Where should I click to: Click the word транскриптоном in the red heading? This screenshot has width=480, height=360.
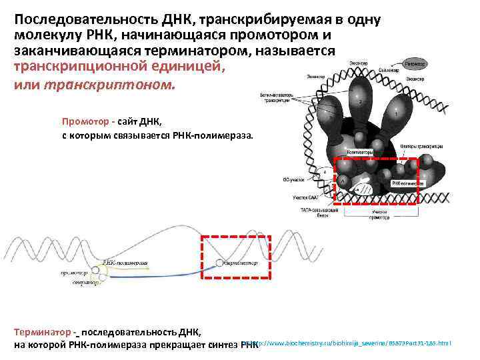coord(109,85)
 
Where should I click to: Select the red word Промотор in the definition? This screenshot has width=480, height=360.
coord(85,121)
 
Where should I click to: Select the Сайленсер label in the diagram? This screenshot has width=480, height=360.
coord(389,69)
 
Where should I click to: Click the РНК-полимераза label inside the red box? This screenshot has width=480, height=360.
coord(404,182)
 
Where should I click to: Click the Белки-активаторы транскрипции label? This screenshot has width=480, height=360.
coord(275,97)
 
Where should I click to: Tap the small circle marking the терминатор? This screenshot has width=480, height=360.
coord(219,263)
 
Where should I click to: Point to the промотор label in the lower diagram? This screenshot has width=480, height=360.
coord(75,273)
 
